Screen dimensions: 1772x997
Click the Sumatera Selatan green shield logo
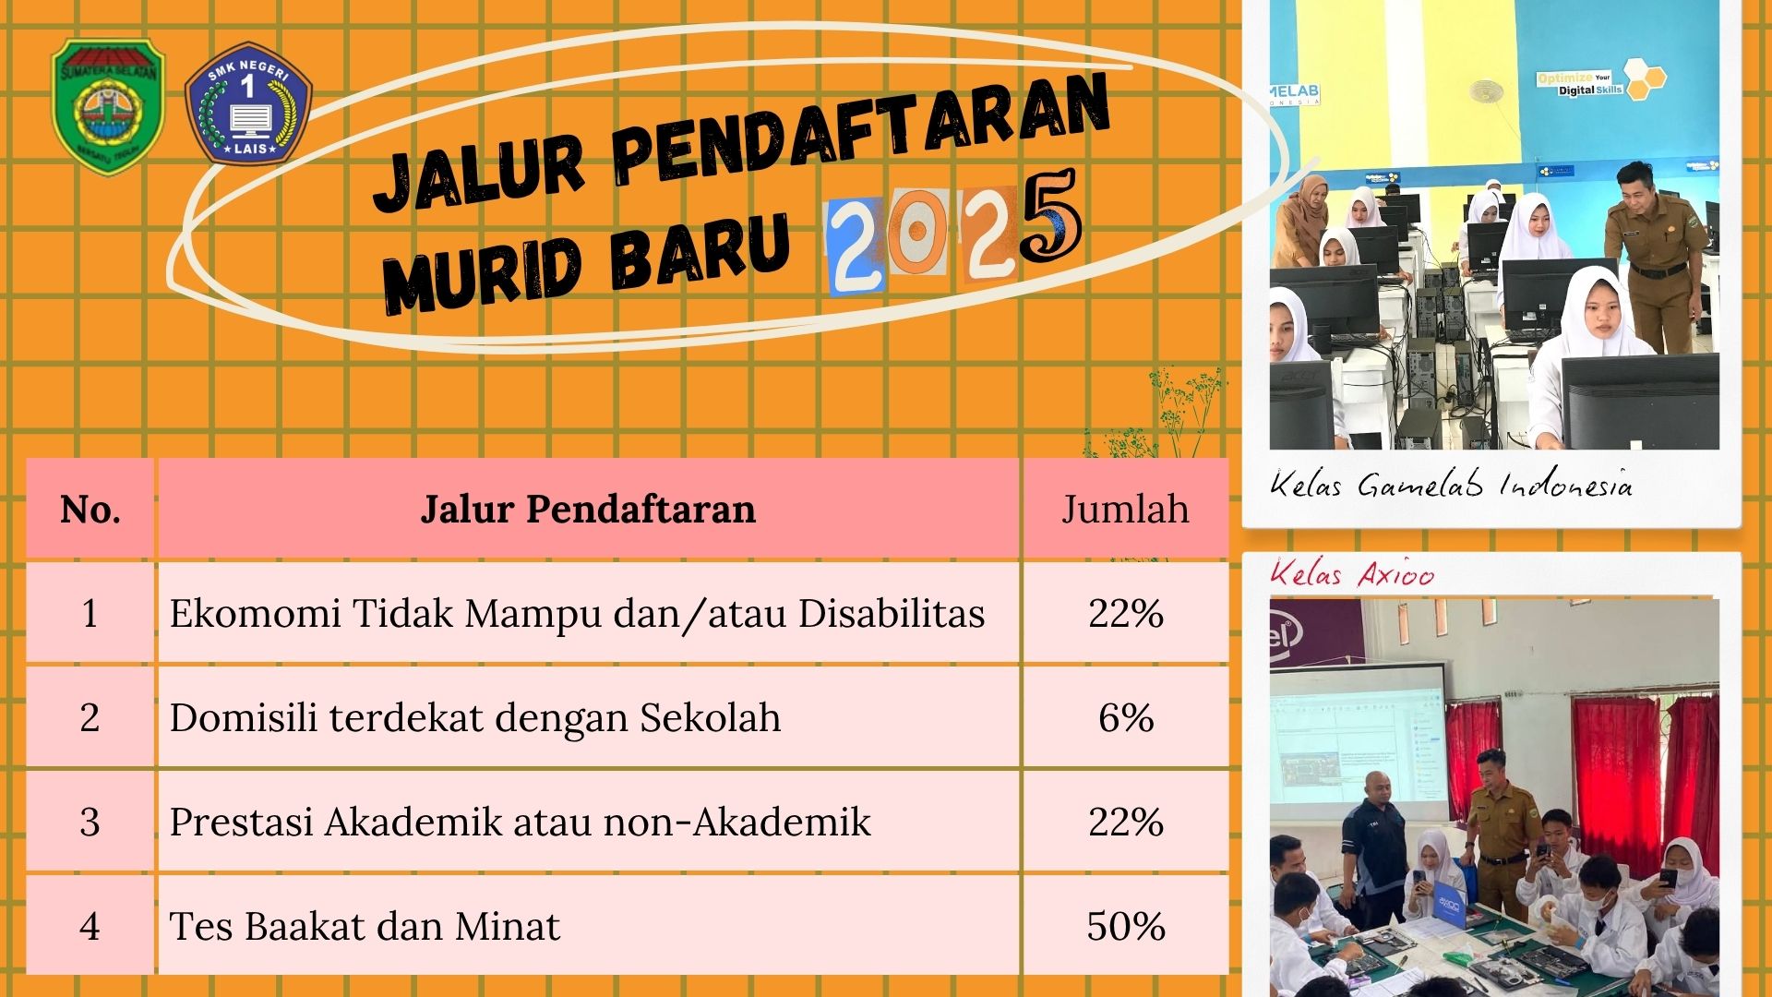(x=108, y=105)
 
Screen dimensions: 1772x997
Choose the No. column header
(x=90, y=509)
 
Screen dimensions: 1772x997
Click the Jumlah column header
(x=1125, y=509)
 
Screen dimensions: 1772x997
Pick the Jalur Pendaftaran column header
(x=589, y=509)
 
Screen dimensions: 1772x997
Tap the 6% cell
(x=1125, y=717)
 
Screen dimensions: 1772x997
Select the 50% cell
(x=1125, y=926)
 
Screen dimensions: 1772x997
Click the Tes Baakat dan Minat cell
(x=589, y=926)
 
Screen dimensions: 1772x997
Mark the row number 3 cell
(x=90, y=822)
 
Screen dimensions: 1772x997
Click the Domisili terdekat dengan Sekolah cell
(x=589, y=717)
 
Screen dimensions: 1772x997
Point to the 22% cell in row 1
(x=1125, y=613)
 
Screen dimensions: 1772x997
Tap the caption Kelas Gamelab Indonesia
(x=1451, y=485)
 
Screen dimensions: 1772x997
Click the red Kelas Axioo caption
(x=1352, y=574)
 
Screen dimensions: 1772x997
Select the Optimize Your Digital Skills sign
(x=1601, y=81)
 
